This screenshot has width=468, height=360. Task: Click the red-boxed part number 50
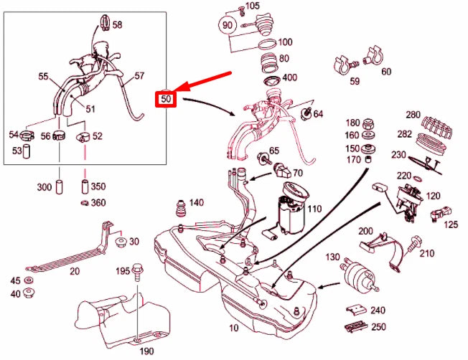coord(166,98)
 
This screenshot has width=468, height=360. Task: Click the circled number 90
coord(228,25)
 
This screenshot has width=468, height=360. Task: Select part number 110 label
coord(314,209)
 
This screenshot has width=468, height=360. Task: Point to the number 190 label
coord(146,351)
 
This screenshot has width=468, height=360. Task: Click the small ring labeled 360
coord(84,203)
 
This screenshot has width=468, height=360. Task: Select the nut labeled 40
coord(30,293)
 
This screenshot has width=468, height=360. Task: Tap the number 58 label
coord(117,24)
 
